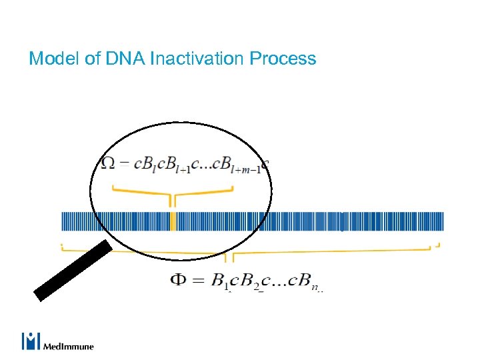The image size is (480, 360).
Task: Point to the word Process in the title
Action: (283, 59)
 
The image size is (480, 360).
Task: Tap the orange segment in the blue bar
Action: (173, 221)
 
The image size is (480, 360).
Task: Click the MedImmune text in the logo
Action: (69, 346)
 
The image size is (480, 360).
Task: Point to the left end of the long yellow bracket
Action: (63, 246)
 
